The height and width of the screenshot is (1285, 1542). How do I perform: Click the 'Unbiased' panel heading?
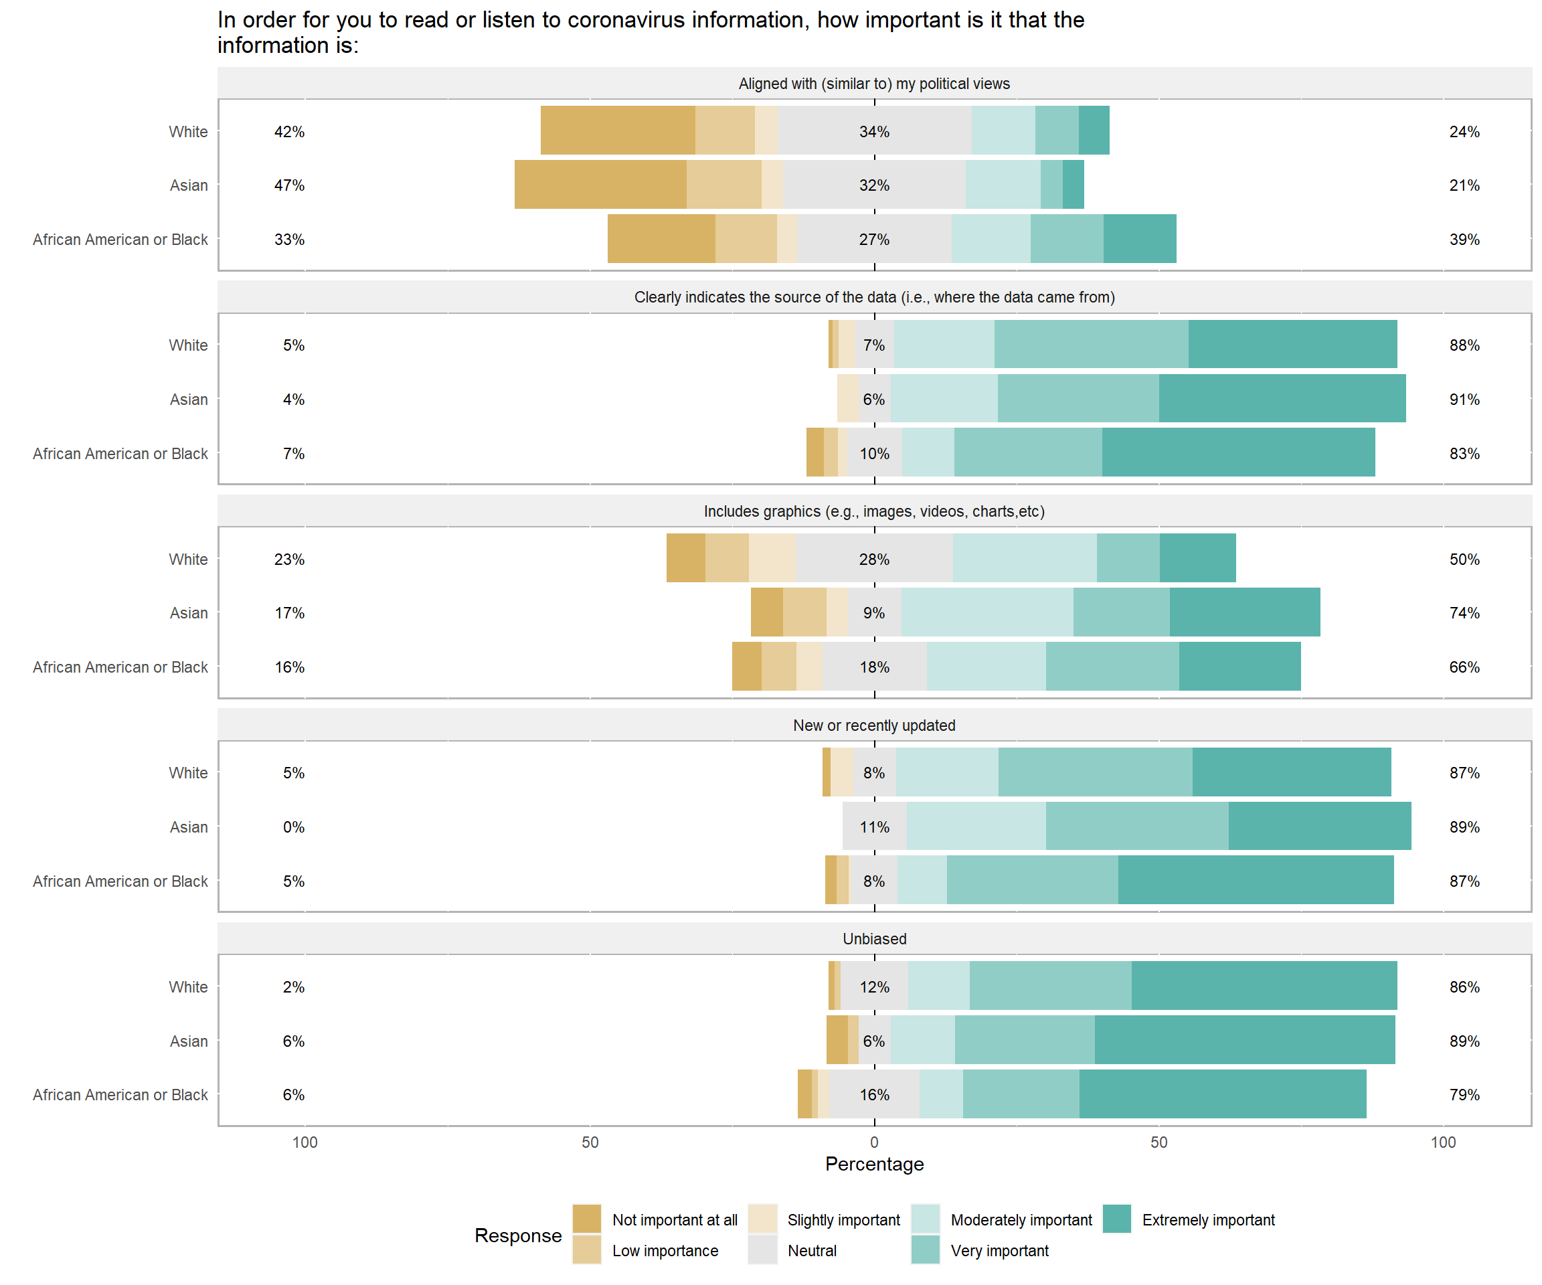pyautogui.click(x=874, y=938)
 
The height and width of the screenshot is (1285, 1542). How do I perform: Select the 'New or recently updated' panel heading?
pyautogui.click(x=874, y=725)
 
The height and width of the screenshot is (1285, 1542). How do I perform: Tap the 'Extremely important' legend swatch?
pyautogui.click(x=1116, y=1219)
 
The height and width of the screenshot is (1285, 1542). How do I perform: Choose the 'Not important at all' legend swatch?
pyautogui.click(x=587, y=1219)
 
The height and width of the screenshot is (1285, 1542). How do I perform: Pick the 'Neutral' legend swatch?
pyautogui.click(x=762, y=1250)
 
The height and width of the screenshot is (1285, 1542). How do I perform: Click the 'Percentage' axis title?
pyautogui.click(x=874, y=1164)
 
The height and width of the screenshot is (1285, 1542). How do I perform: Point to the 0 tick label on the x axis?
pyautogui.click(x=874, y=1142)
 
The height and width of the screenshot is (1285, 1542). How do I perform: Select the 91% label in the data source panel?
pyautogui.click(x=1464, y=400)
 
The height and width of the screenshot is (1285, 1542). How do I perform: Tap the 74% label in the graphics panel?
pyautogui.click(x=1464, y=613)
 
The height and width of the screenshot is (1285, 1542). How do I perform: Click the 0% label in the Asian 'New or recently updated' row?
pyautogui.click(x=293, y=827)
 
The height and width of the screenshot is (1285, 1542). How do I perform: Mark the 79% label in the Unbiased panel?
pyautogui.click(x=1464, y=1095)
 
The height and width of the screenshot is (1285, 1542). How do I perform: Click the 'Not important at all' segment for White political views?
pyautogui.click(x=618, y=131)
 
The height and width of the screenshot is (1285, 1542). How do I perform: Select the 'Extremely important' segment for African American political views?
pyautogui.click(x=1140, y=239)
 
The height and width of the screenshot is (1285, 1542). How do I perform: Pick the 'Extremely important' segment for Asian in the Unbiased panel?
pyautogui.click(x=1245, y=1040)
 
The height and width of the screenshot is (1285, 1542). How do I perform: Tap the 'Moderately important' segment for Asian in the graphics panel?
pyautogui.click(x=987, y=612)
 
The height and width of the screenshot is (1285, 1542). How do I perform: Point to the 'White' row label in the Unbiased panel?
pyautogui.click(x=188, y=987)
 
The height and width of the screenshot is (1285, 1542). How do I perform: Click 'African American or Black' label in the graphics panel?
pyautogui.click(x=120, y=667)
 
